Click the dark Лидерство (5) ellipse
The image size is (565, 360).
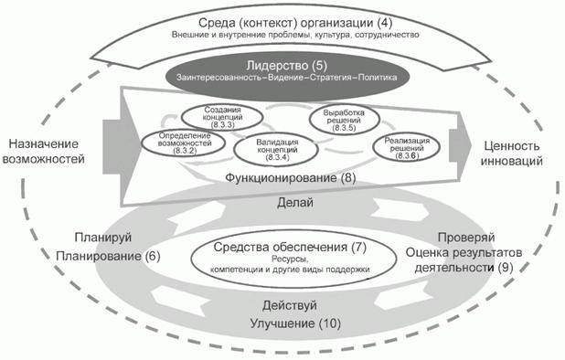click(x=282, y=71)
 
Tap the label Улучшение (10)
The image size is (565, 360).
click(x=282, y=324)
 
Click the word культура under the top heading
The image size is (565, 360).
click(x=320, y=35)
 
